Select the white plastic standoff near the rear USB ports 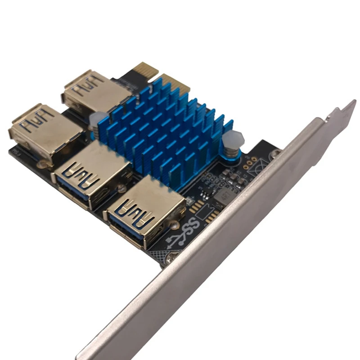[95, 120]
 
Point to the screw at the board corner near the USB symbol [172, 258]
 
